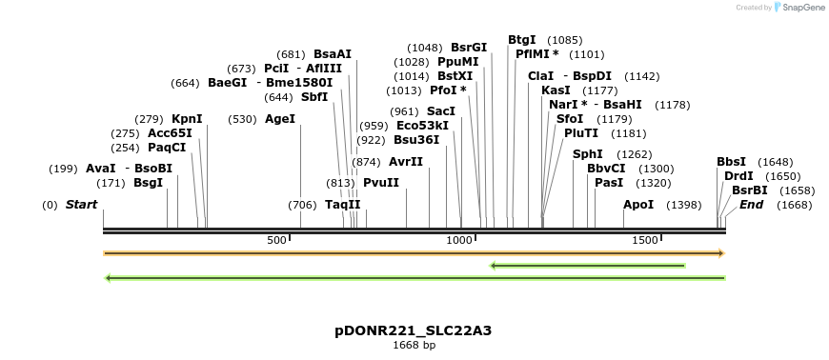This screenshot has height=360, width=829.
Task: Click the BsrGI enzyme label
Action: pos(469,47)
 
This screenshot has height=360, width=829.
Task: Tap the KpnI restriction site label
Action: pos(187,118)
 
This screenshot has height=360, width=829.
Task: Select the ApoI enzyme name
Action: pos(638,205)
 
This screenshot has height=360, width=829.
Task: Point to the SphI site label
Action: pos(587,153)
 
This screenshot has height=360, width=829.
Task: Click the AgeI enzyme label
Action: pos(280,118)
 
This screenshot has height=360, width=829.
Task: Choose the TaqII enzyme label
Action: pos(342,204)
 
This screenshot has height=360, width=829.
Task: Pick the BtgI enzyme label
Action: pos(522,40)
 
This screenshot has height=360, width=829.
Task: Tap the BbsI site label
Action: pos(731,162)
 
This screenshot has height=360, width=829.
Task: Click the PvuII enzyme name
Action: pos(381,182)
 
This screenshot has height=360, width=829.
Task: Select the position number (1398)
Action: pos(683,205)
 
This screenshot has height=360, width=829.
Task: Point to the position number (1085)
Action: pos(565,40)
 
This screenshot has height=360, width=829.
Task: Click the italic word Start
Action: pos(81,204)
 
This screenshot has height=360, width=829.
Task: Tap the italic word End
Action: pos(752,204)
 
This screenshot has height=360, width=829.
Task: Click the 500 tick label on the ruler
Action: pos(276,240)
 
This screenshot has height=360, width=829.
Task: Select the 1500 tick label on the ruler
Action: pos(644,240)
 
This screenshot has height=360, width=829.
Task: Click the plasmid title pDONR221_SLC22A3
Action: pos(413,330)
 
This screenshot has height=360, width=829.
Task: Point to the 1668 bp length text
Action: pos(414,345)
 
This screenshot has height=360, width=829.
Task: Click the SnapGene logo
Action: pos(799,7)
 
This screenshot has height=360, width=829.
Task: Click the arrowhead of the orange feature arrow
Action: pos(721,253)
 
